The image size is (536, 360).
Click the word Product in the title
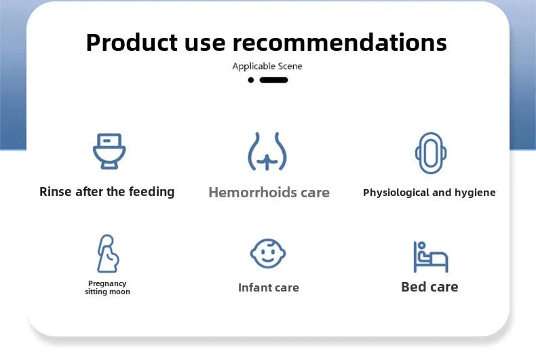132,43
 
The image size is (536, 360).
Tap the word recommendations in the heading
339,42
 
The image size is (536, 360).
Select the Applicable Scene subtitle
267,66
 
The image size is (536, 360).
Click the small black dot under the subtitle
251,80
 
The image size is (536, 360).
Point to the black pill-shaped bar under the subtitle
273,80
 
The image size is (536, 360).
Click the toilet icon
109,151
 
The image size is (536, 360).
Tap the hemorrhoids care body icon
267,151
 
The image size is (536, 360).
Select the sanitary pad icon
431,153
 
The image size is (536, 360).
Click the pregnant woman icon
108,254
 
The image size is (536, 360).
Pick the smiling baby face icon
268,254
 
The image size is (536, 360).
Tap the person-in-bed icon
431,257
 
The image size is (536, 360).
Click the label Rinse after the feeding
107,192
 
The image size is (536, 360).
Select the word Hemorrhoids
252,193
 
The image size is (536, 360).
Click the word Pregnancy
107,283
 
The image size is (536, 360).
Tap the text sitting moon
107,292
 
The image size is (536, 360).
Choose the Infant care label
269,287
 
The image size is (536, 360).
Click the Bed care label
429,287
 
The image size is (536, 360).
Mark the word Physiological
396,193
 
